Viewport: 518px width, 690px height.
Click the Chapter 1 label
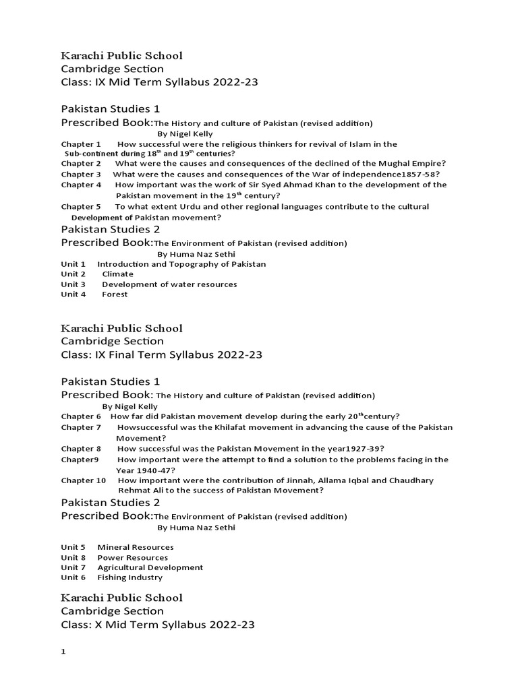pyautogui.click(x=80, y=144)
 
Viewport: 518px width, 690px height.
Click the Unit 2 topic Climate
pyautogui.click(x=117, y=274)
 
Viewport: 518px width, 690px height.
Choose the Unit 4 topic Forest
pyautogui.click(x=115, y=294)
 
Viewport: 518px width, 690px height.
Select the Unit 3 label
pyautogui.click(x=73, y=284)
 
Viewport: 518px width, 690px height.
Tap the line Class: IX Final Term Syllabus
pyautogui.click(x=162, y=355)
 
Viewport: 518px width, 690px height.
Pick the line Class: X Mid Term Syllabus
pyautogui.click(x=158, y=625)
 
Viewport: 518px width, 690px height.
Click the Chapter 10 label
pyautogui.click(x=84, y=480)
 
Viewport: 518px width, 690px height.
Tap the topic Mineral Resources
pyautogui.click(x=135, y=547)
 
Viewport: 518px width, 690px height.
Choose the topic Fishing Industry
pyautogui.click(x=129, y=577)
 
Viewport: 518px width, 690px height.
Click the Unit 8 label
pyautogui.click(x=73, y=557)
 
